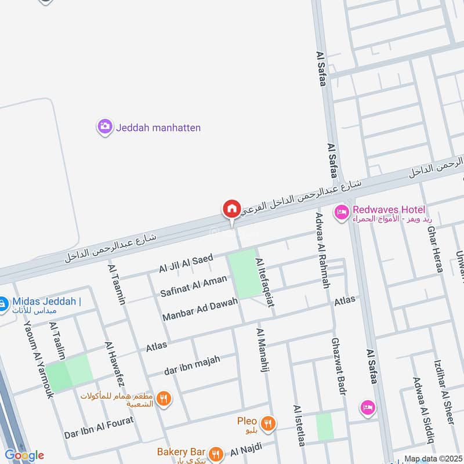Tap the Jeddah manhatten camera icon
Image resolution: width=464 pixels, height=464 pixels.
[x=104, y=126]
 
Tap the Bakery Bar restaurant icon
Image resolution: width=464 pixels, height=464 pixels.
[x=216, y=452]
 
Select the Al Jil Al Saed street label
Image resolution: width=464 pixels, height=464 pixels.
[x=187, y=263]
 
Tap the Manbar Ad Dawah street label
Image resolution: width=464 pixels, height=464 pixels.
[x=200, y=310]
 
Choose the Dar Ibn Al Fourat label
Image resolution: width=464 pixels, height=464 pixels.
[x=99, y=428]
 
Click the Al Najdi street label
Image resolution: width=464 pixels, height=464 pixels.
[x=246, y=448]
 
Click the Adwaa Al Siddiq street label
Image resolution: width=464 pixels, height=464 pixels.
[x=422, y=409]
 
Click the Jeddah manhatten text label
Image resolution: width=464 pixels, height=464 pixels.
[x=158, y=127]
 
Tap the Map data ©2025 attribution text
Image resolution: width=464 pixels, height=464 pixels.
[x=433, y=458]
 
